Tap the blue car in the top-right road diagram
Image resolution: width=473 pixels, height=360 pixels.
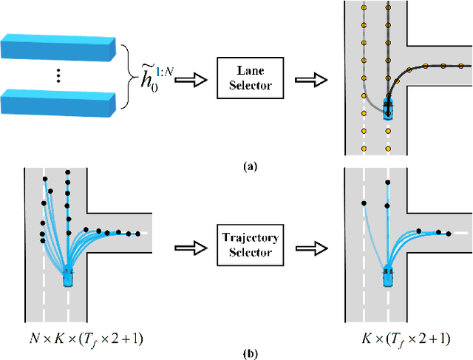tap(387, 109)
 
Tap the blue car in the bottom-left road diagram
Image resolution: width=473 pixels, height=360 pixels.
tap(68, 276)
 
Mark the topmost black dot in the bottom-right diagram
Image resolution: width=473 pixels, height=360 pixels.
tap(387, 180)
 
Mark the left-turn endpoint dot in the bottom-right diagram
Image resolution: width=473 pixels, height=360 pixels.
tap(364, 203)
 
